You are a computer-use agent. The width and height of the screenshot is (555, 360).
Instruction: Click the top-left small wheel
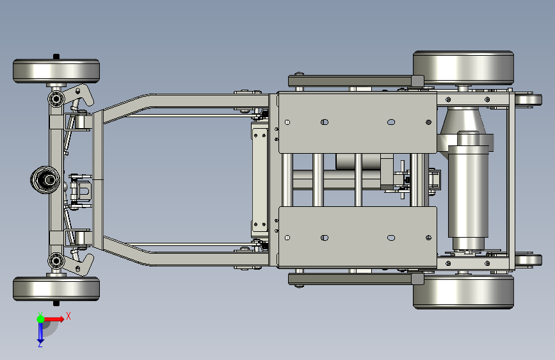[56, 71]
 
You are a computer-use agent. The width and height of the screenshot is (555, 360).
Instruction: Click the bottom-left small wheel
[56, 289]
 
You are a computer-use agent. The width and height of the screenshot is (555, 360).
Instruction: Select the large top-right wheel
[463, 68]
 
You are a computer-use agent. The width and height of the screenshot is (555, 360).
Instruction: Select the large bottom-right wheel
[463, 291]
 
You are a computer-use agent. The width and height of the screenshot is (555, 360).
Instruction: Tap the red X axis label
[68, 316]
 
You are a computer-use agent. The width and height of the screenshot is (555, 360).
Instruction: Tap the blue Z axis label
[40, 344]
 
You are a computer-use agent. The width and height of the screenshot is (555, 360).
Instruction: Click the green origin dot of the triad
[40, 319]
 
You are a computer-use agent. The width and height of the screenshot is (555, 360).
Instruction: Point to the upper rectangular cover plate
[357, 122]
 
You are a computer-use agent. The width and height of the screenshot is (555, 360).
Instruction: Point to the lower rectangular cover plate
[357, 238]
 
